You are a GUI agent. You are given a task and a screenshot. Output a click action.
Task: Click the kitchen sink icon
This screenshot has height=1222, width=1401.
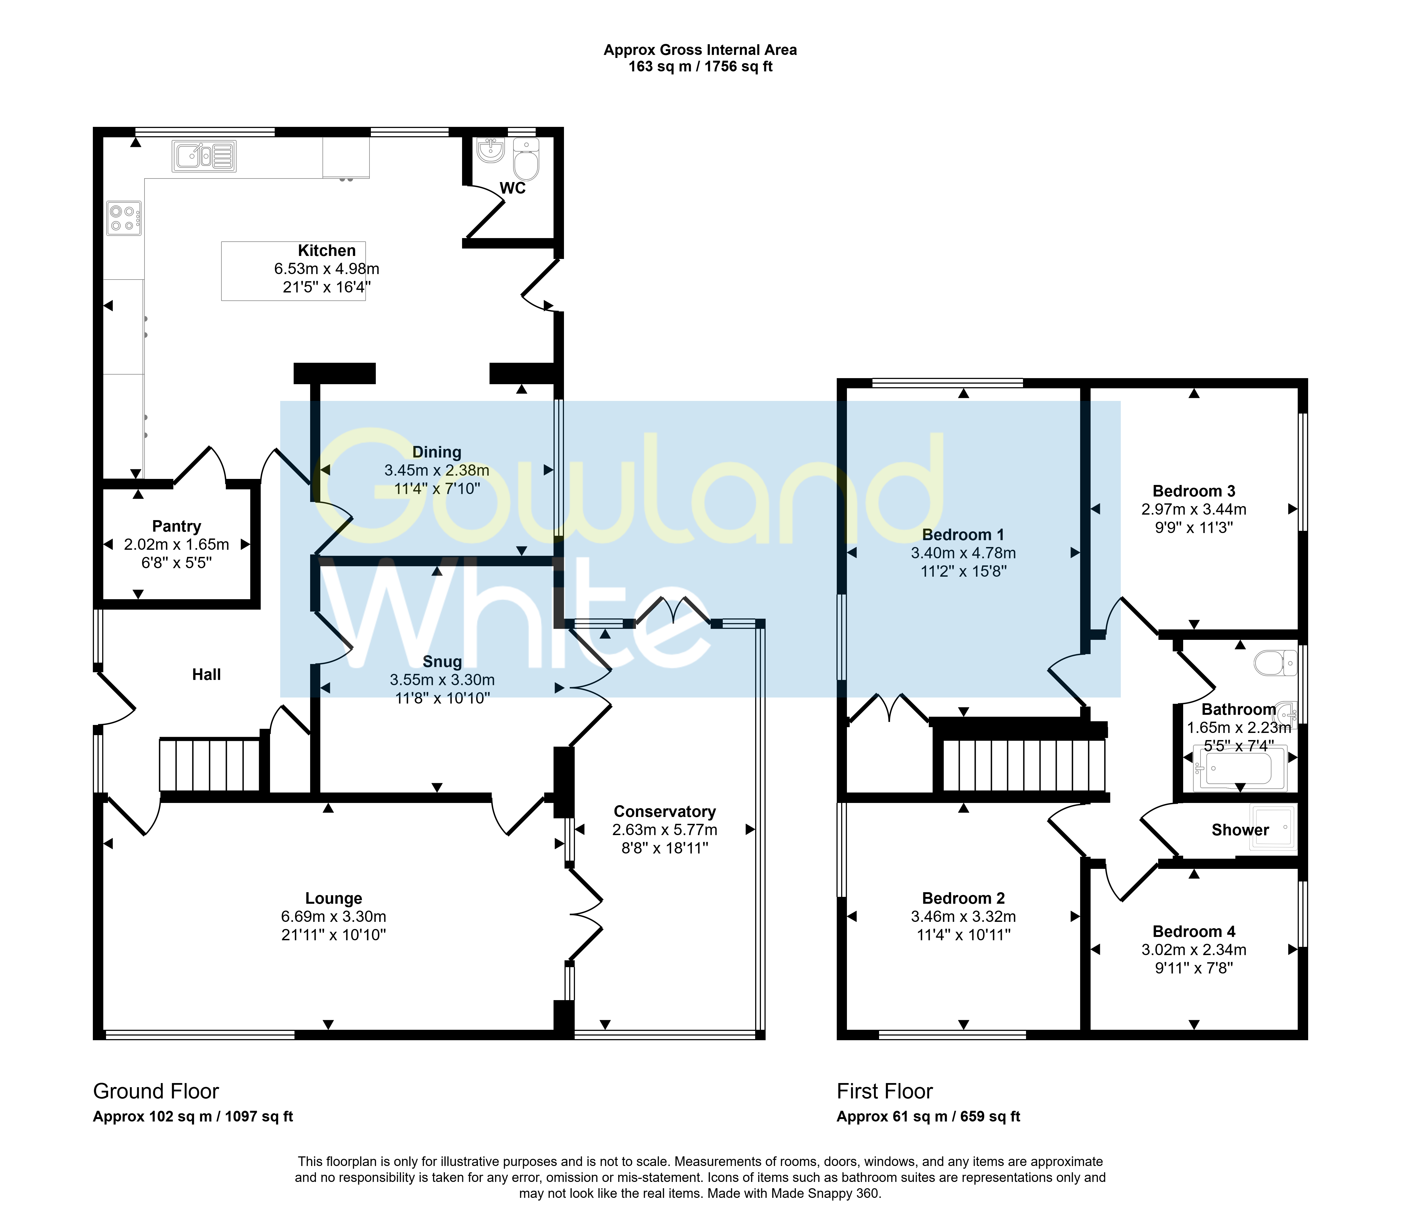(x=204, y=156)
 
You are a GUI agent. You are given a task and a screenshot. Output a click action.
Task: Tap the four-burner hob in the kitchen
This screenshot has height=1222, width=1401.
(x=124, y=218)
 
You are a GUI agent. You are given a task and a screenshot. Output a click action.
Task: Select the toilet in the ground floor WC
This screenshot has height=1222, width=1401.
(x=526, y=159)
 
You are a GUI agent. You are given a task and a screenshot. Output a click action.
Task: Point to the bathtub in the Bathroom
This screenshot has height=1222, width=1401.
(x=1239, y=769)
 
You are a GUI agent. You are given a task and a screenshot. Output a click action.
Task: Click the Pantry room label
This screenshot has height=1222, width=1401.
(x=177, y=526)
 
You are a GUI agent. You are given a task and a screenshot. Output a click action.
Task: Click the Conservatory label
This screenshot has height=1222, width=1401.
(x=665, y=811)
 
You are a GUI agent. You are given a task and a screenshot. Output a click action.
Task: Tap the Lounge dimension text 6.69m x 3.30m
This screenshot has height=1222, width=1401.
(x=333, y=917)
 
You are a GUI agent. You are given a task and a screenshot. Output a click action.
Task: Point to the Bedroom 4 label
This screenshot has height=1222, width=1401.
(x=1194, y=931)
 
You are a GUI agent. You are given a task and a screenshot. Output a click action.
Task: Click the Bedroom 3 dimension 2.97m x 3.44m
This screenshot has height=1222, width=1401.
(x=1194, y=509)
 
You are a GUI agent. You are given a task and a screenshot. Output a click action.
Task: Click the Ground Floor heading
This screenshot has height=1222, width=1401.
(x=156, y=1091)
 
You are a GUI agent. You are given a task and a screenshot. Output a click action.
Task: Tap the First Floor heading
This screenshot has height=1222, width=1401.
(x=885, y=1091)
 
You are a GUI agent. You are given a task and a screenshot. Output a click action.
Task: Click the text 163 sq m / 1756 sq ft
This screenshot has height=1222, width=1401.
(x=700, y=67)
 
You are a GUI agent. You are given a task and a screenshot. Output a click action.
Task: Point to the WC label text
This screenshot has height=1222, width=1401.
(x=513, y=188)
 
